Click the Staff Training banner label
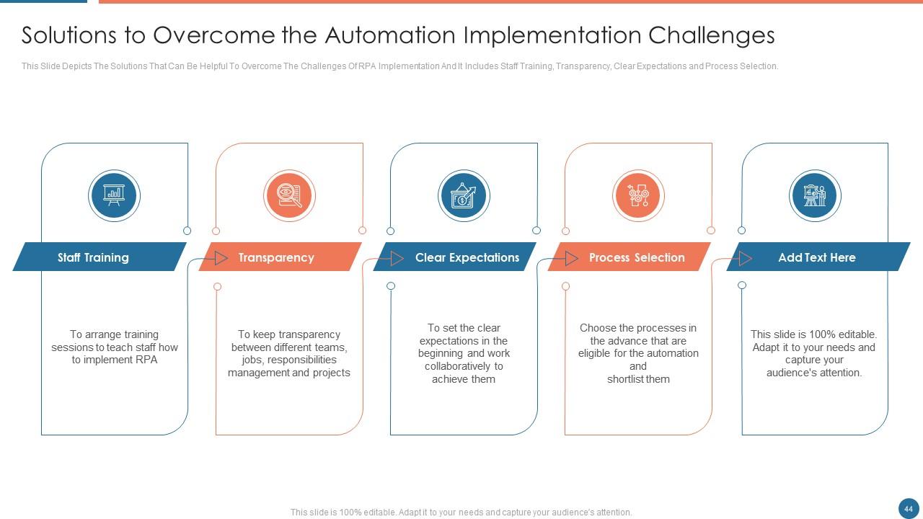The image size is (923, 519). point(93,257)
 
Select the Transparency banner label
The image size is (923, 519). point(275,257)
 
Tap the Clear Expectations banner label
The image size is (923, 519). point(467,257)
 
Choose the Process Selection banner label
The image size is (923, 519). point(636,257)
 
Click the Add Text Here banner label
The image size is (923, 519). point(816,257)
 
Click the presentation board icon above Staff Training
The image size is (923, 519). point(114,195)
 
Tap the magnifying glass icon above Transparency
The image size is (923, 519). point(288,195)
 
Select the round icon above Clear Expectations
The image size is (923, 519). point(464,195)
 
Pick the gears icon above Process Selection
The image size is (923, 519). point(638,195)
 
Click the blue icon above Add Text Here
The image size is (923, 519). point(815,195)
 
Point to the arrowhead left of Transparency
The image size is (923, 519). point(221,258)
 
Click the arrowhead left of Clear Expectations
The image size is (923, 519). point(397,258)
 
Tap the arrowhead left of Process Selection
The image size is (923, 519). point(571,258)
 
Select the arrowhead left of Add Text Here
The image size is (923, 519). point(746,258)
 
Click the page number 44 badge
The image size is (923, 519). point(909,509)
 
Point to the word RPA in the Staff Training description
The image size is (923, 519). point(146,360)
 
